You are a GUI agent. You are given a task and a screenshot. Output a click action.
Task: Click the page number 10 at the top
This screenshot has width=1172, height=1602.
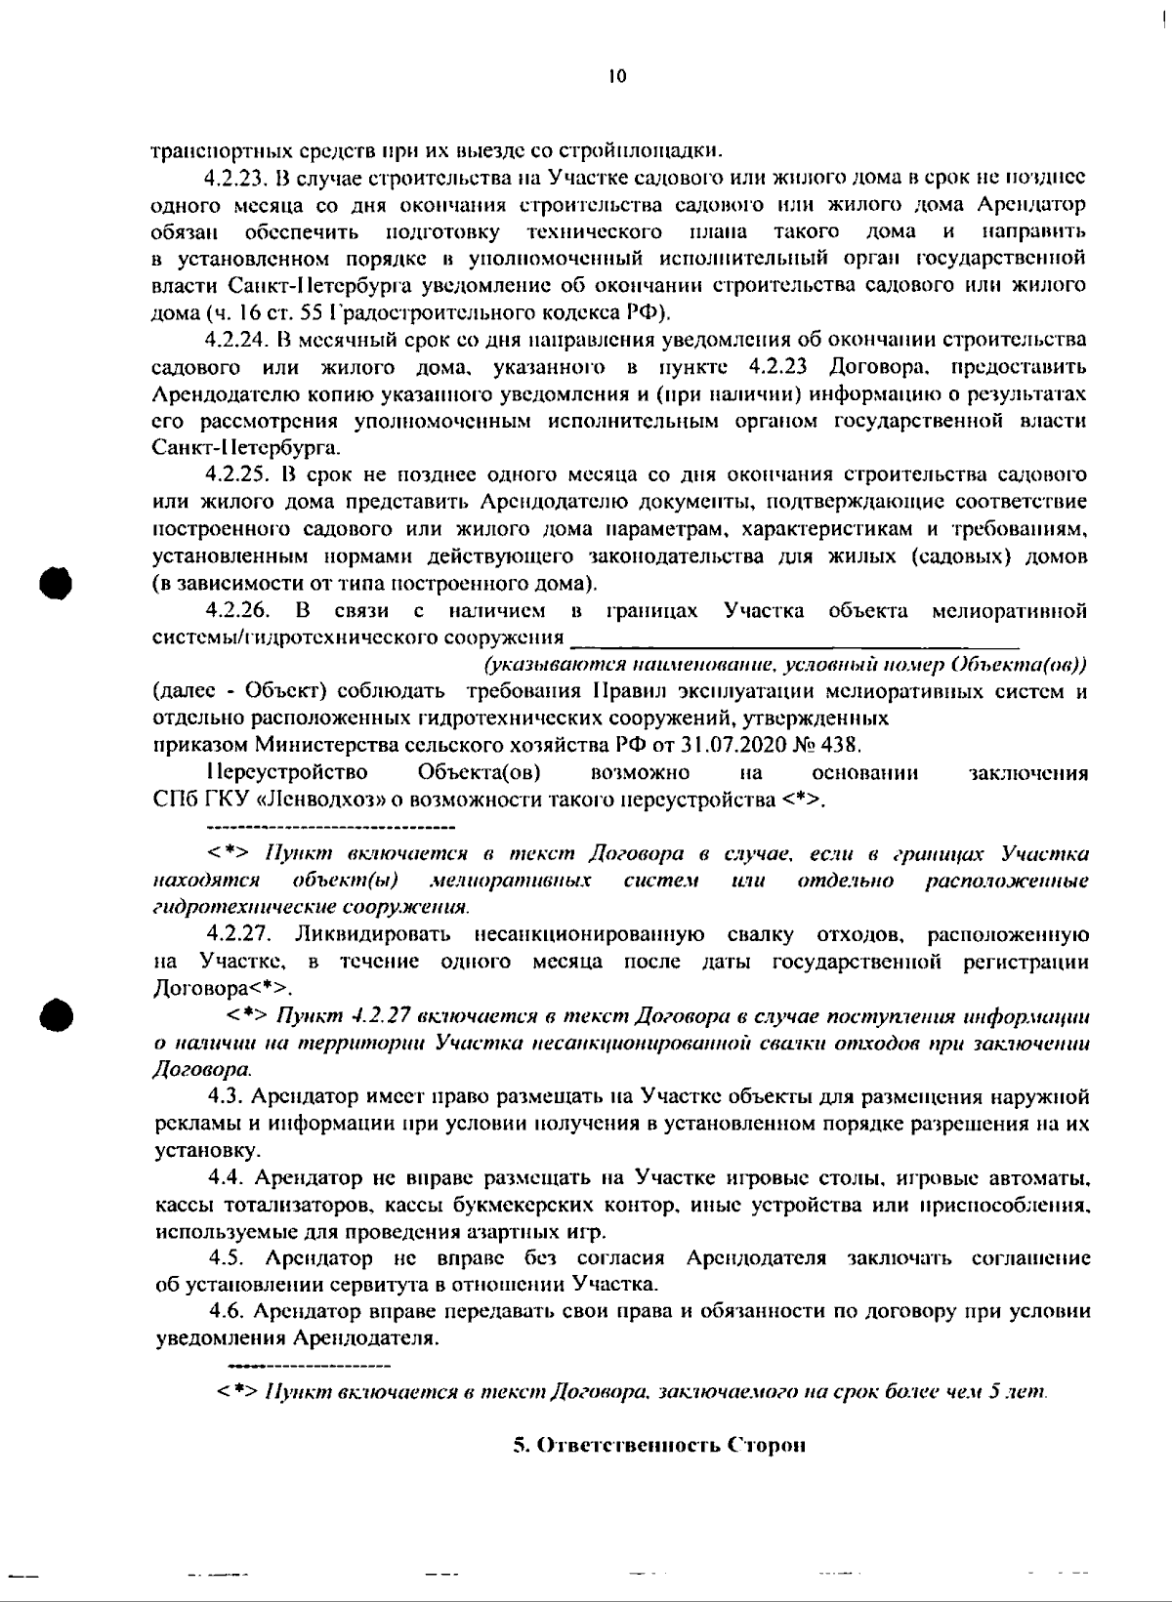click(x=616, y=77)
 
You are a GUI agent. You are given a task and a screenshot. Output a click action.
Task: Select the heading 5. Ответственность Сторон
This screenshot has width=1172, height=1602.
click(x=659, y=1446)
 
